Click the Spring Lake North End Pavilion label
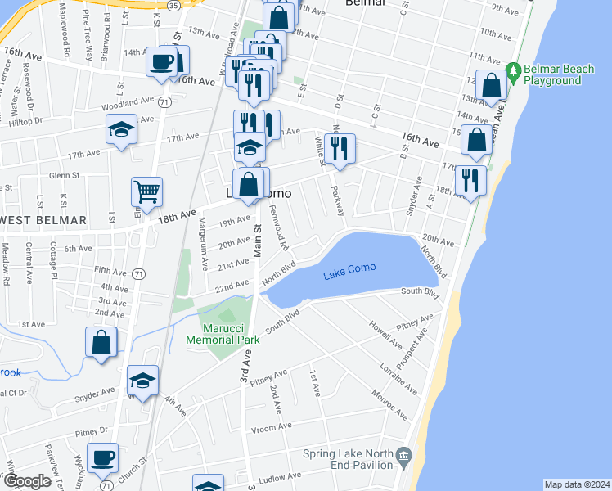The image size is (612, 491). coord(347,460)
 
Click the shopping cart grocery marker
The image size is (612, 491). coord(146,192)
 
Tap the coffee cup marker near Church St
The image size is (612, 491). coord(103,458)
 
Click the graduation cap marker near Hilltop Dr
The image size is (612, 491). coord(121,129)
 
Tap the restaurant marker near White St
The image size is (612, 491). coord(340,148)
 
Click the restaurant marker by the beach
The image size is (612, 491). coord(470,180)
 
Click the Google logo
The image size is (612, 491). coord(28,481)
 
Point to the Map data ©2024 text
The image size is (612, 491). coord(577,484)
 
